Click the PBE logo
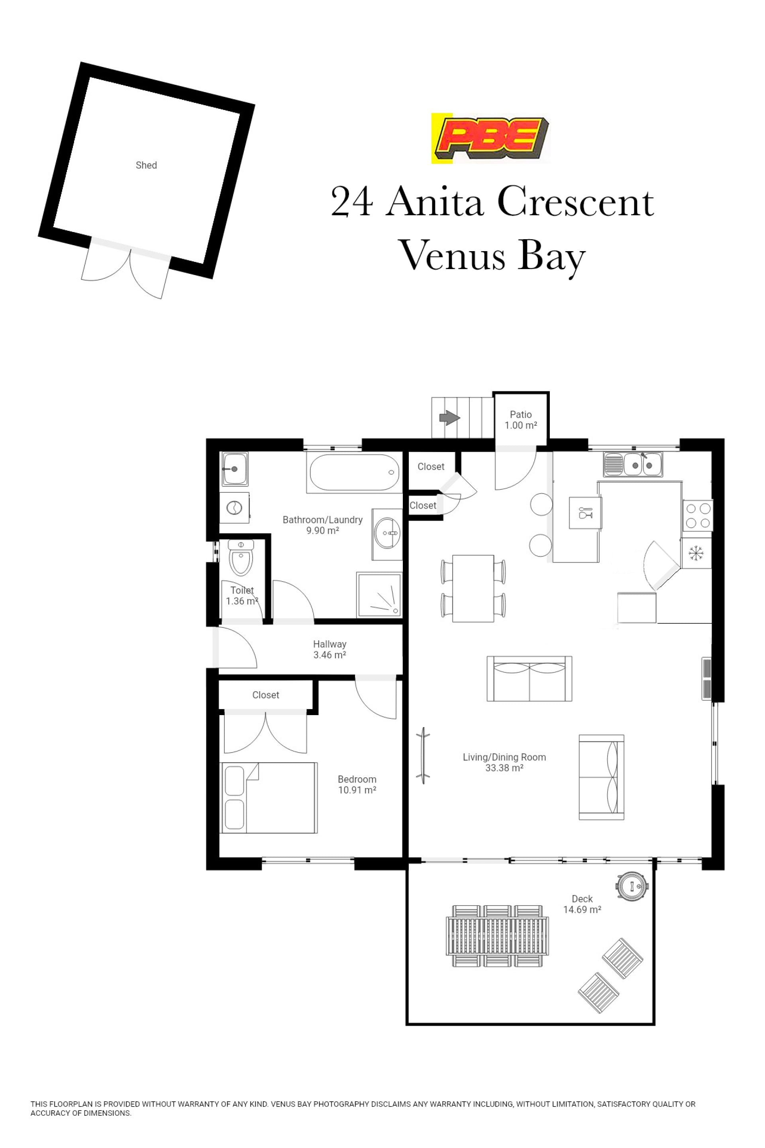(490, 138)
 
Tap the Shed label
(146, 165)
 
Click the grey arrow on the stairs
(450, 417)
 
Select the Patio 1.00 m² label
(521, 420)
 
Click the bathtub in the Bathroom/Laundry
(355, 472)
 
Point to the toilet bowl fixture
(241, 557)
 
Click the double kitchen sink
(633, 464)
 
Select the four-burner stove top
(698, 516)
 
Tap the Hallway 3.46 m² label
(330, 649)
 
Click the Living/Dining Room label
(504, 757)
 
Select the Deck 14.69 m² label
(582, 904)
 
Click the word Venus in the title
(451, 256)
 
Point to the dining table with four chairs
(473, 588)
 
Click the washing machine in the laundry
(235, 507)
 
